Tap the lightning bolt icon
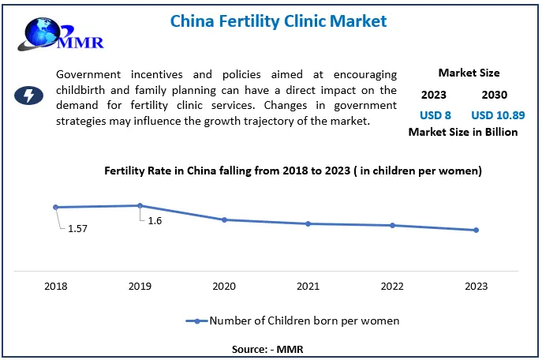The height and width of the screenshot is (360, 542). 29,96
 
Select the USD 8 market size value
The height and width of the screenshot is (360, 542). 435,114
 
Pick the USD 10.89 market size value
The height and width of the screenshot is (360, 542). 498,114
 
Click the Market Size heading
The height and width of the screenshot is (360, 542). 469,73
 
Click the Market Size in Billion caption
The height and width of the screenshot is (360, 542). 463,132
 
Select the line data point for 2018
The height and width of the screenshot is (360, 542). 56,207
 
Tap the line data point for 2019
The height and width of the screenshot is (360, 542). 140,205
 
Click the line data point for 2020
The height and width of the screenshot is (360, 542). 224,219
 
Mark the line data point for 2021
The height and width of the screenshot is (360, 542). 308,223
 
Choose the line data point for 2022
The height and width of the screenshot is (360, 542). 392,225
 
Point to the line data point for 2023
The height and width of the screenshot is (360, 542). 476,230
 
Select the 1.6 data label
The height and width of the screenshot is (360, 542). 155,221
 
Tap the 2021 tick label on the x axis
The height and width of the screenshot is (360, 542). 308,285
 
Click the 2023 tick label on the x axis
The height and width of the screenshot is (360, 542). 476,285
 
